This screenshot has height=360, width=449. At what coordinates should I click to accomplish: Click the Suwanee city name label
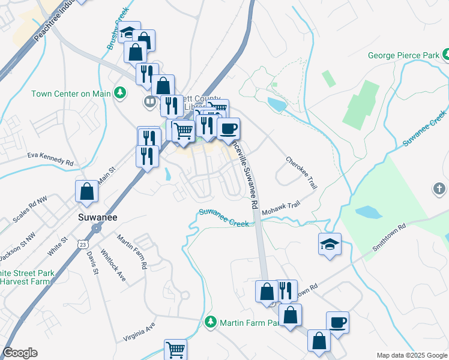98,217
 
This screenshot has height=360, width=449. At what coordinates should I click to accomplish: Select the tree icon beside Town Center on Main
121,92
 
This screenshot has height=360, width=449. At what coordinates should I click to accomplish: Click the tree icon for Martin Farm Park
210,322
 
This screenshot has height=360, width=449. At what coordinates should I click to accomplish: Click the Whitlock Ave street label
113,265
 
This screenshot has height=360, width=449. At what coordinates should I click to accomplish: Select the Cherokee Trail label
301,173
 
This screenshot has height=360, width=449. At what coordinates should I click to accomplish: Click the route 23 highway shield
83,244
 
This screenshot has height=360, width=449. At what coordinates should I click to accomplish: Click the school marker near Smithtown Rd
330,244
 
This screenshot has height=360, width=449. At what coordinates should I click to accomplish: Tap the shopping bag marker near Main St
86,191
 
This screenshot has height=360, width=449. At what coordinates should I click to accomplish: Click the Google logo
20,353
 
